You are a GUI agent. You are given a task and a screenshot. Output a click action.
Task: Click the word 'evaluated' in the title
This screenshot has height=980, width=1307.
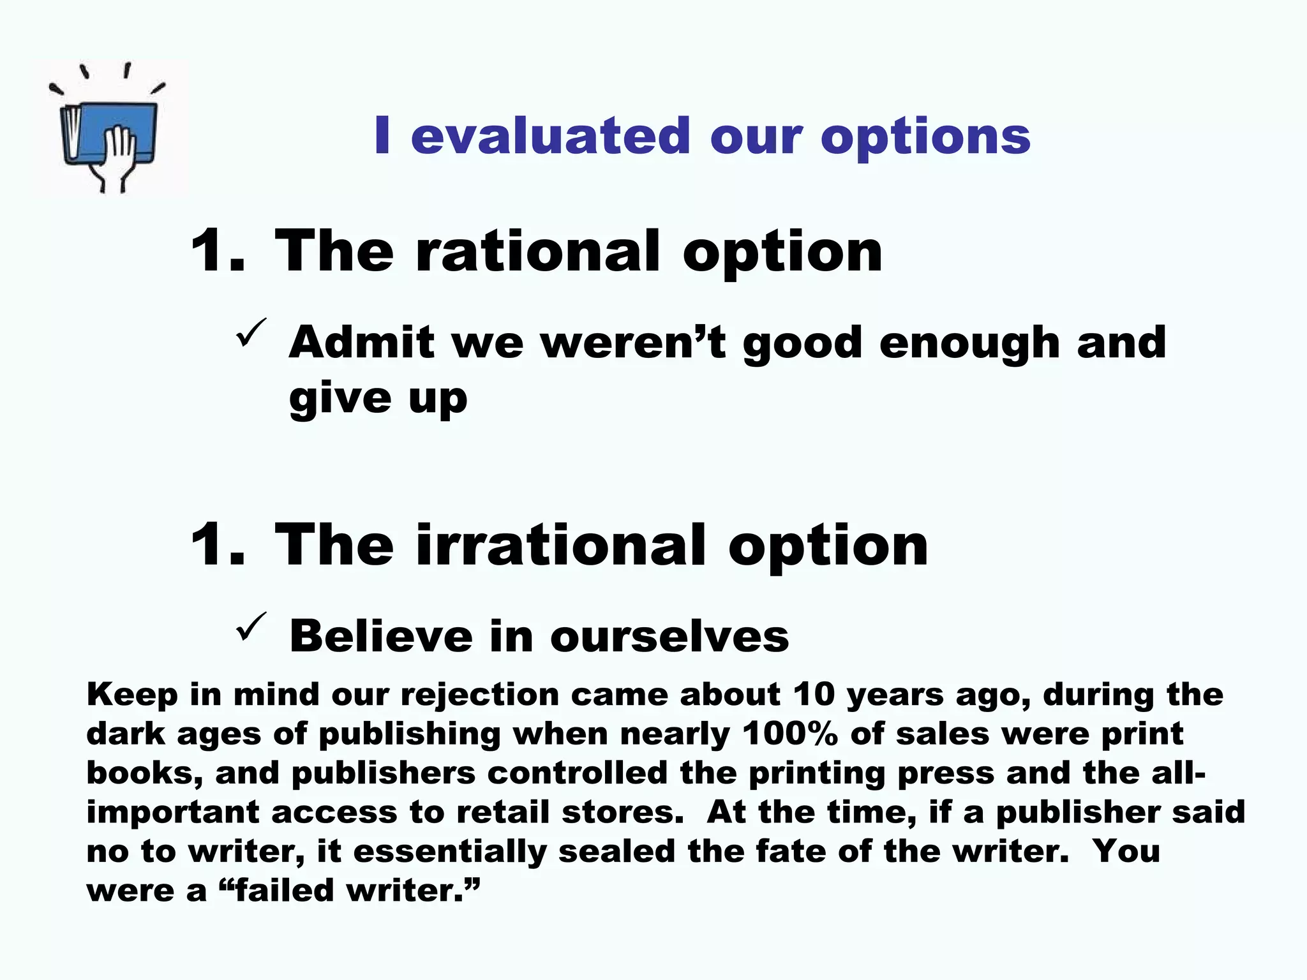(550, 136)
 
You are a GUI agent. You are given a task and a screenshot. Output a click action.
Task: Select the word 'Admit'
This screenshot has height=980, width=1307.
(362, 342)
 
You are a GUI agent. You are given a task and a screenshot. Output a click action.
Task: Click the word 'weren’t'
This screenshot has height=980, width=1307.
(634, 342)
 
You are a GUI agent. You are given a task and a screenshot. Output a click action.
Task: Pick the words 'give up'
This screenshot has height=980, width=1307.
(378, 399)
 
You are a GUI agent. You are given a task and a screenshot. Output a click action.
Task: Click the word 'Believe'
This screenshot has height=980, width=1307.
(381, 636)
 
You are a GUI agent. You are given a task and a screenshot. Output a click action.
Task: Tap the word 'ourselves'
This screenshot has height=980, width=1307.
(669, 636)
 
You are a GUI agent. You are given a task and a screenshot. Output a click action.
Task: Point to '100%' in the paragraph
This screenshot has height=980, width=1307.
(789, 734)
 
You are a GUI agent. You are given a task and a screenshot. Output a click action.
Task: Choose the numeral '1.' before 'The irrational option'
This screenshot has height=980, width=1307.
(218, 545)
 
